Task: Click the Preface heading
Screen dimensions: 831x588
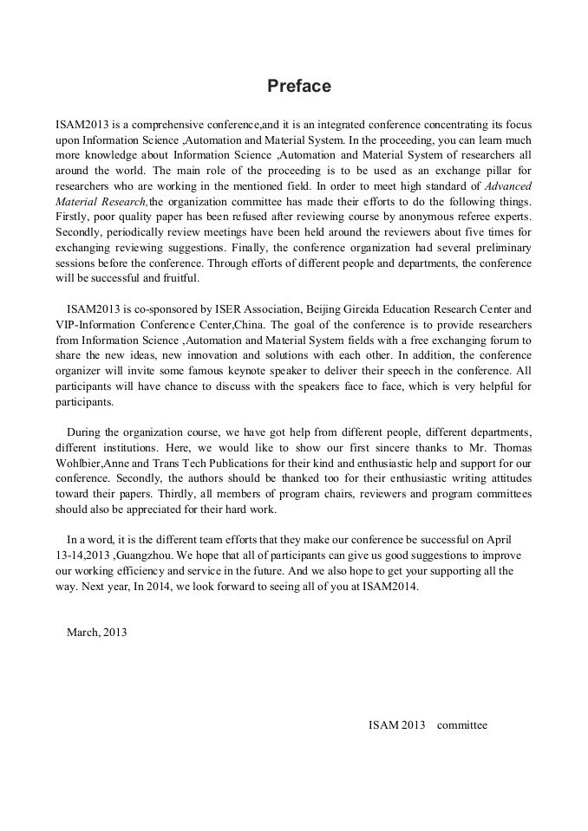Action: click(x=298, y=87)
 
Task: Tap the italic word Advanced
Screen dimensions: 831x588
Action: click(x=509, y=186)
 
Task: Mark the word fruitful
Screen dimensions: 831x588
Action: click(x=178, y=278)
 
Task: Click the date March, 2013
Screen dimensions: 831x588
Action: click(x=96, y=632)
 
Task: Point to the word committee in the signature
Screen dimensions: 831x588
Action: click(x=462, y=724)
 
